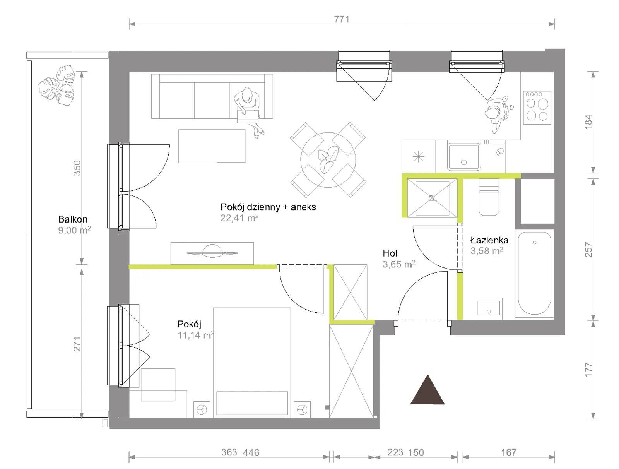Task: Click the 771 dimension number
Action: (342, 19)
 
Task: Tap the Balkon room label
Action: (73, 219)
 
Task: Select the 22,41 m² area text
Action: (239, 218)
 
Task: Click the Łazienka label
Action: (489, 240)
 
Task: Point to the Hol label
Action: (390, 253)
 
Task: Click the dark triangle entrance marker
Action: (427, 390)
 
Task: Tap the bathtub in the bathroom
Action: (534, 273)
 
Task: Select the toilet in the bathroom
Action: (489, 197)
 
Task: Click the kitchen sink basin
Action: (463, 157)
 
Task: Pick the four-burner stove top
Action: (537, 108)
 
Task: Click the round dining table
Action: (328, 160)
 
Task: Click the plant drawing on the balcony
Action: (57, 86)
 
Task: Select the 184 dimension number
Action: (588, 122)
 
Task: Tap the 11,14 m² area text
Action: (196, 335)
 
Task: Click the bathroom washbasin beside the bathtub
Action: (489, 308)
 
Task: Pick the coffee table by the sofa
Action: (212, 146)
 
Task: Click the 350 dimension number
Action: (77, 168)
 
